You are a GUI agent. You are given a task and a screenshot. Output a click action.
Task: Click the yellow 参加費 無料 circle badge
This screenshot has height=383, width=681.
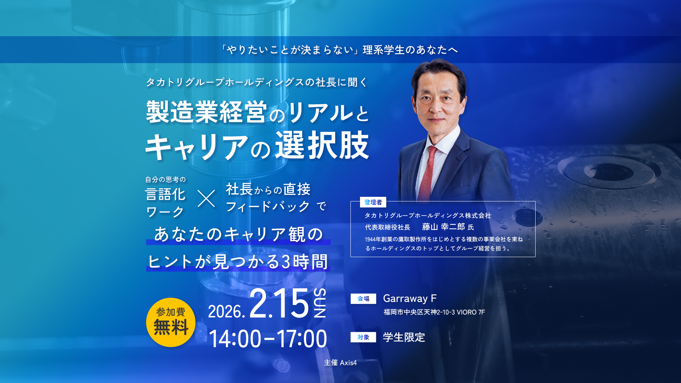(x=171, y=322)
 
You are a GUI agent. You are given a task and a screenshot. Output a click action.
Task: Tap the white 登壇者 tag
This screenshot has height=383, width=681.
(x=373, y=202)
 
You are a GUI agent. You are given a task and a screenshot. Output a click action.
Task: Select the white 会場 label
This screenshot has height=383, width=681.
(x=363, y=299)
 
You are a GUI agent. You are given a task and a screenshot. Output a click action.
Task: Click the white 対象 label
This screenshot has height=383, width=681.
(x=363, y=337)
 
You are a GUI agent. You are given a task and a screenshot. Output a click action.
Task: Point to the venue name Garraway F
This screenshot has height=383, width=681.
(x=410, y=299)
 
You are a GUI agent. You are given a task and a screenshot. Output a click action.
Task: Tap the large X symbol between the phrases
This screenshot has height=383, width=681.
(x=206, y=198)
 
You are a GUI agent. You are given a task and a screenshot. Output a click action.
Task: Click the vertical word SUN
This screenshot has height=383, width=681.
(x=320, y=303)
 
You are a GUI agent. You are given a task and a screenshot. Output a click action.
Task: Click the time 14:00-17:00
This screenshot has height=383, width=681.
(x=268, y=339)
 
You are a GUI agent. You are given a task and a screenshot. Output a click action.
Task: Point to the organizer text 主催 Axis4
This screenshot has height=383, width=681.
(x=340, y=362)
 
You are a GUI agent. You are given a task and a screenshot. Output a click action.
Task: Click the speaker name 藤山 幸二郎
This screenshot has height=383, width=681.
(x=443, y=227)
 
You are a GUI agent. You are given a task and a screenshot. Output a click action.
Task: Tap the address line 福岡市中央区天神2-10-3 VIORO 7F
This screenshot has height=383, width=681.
(x=434, y=312)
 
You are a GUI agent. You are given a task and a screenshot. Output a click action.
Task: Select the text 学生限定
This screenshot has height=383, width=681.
(x=404, y=337)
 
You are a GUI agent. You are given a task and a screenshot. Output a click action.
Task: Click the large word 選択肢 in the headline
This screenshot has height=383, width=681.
(x=322, y=145)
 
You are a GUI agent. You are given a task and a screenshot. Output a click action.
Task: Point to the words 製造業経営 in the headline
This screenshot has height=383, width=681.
(x=206, y=112)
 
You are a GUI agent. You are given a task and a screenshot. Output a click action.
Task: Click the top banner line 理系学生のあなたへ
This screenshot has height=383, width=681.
(x=410, y=50)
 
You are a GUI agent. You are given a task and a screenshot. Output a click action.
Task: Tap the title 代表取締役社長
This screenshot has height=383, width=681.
(x=388, y=227)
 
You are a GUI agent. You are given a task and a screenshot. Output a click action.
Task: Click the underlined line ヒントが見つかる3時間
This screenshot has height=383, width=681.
(x=238, y=262)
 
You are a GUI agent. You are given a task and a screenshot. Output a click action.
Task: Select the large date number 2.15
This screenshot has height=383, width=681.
(x=279, y=304)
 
